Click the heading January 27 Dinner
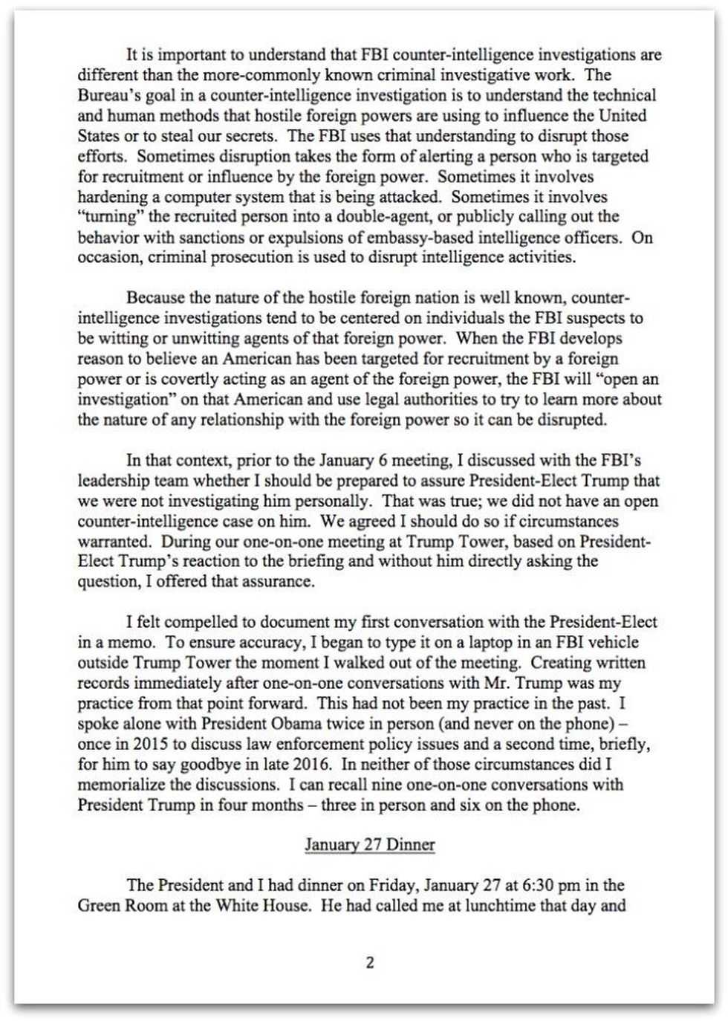(x=369, y=845)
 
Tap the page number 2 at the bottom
(x=370, y=963)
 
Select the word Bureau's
(x=105, y=95)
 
